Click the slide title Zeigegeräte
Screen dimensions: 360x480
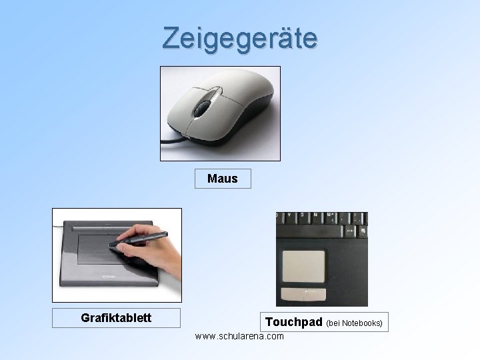(x=240, y=39)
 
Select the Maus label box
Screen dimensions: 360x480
(x=223, y=179)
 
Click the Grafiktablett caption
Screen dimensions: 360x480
(x=116, y=318)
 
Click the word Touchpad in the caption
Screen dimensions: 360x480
(x=294, y=323)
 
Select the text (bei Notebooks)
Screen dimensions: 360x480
(x=354, y=323)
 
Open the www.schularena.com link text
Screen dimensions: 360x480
(x=239, y=336)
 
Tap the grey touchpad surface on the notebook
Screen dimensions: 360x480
(x=305, y=267)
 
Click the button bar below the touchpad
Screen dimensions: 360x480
(x=305, y=293)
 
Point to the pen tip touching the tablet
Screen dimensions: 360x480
(x=111, y=246)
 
